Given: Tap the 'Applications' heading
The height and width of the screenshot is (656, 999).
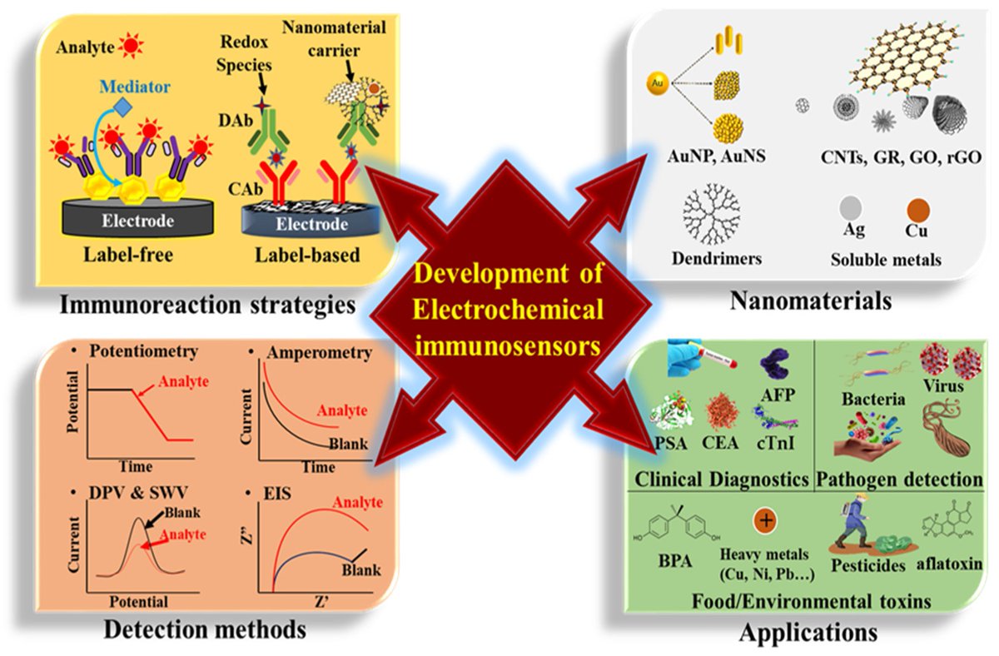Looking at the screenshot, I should pos(808,632).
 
